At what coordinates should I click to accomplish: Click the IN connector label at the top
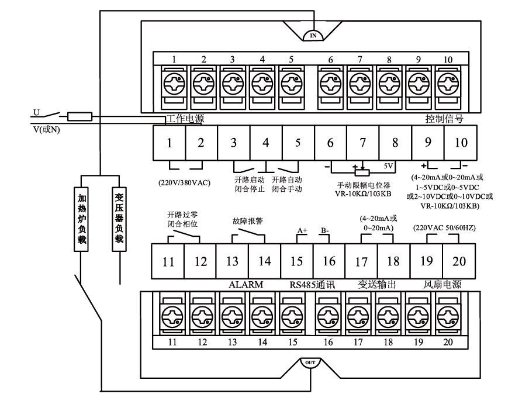[313, 36]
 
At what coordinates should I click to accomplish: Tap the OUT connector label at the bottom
[311, 362]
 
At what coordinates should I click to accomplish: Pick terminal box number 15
[297, 261]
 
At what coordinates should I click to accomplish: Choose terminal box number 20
[459, 261]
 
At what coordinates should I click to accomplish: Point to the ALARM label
[245, 285]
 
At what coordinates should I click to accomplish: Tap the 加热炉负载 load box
[83, 219]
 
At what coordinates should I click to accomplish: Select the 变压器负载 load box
[119, 219]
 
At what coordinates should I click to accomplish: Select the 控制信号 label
[445, 119]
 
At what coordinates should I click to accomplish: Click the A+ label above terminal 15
[302, 231]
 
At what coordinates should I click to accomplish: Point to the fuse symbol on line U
[80, 116]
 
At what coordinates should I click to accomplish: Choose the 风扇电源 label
[443, 285]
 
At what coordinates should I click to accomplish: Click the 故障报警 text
[248, 222]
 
